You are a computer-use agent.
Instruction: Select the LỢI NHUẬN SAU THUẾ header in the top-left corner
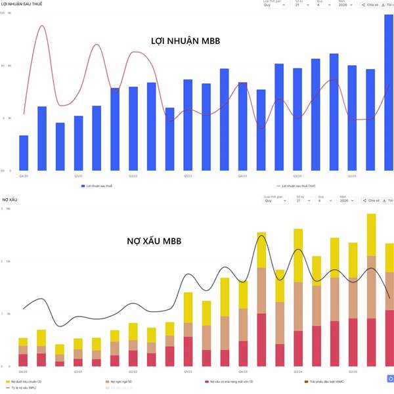17,4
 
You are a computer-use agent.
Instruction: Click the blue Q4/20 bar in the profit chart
24,152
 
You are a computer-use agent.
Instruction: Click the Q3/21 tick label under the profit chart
78,176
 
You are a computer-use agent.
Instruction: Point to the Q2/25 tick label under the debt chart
352,372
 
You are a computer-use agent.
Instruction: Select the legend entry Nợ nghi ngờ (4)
121,382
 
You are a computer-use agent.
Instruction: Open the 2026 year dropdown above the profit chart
347,5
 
